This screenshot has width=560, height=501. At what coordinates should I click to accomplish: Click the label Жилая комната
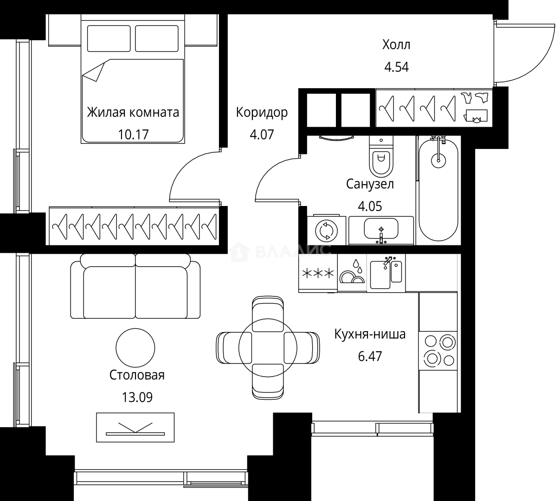[133, 113]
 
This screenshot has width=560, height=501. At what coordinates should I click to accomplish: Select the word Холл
[396, 45]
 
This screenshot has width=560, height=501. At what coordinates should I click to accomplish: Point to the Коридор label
[262, 112]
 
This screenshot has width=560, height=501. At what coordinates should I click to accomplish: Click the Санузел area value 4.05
[370, 206]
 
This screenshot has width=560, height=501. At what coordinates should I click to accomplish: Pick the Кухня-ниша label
[370, 334]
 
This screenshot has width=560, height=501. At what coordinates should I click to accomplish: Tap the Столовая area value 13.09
[137, 397]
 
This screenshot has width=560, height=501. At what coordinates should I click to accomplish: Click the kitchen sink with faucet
[386, 273]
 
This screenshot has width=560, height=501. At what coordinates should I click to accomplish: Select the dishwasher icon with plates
[352, 273]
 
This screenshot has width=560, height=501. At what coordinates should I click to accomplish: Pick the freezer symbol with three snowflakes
[318, 273]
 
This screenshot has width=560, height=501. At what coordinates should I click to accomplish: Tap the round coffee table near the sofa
[135, 348]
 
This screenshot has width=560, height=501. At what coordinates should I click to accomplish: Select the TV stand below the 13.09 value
[135, 427]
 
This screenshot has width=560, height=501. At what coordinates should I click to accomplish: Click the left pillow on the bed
[109, 39]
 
